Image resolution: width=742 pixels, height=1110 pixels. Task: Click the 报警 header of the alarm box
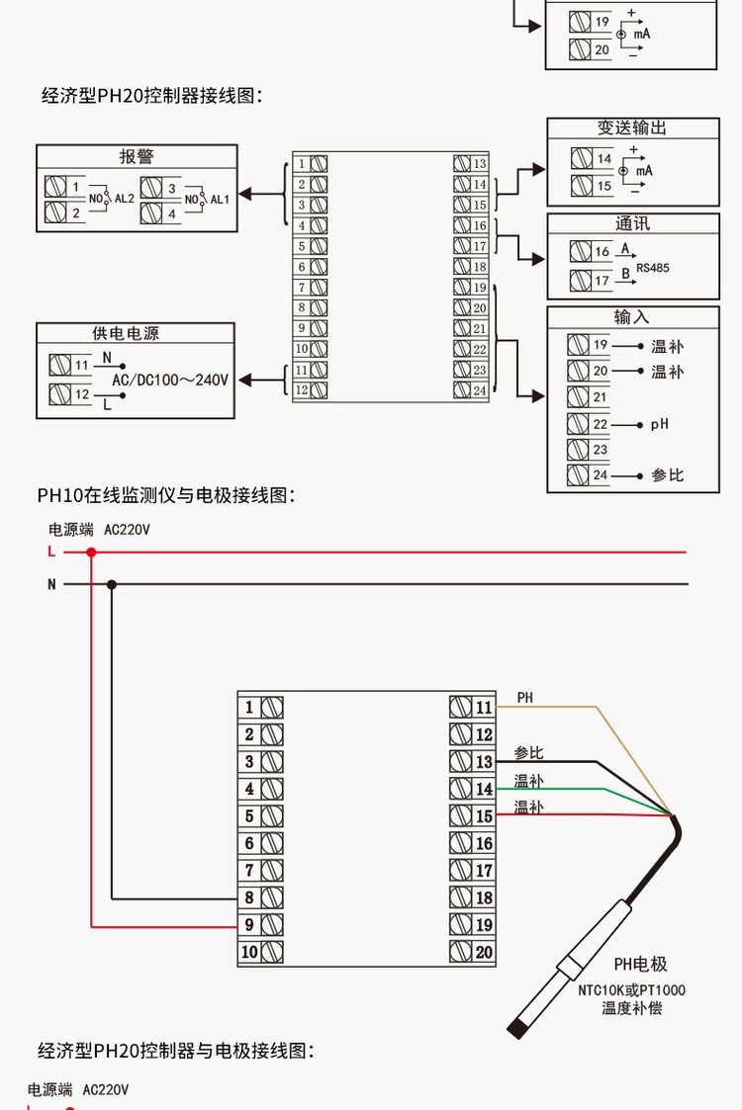tap(137, 156)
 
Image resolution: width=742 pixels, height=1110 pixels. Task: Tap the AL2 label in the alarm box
tap(125, 199)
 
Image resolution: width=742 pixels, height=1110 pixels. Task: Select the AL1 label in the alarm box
tap(220, 199)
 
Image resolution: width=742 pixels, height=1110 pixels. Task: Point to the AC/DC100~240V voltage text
tap(170, 380)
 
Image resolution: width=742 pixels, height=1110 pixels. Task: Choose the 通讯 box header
tap(632, 224)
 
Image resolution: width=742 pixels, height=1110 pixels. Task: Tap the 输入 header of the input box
tap(632, 317)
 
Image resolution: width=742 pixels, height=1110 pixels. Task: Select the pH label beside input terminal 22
tap(660, 424)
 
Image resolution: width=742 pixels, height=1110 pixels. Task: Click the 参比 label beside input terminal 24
tap(667, 475)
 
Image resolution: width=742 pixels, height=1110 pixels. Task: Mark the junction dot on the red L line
tap(91, 552)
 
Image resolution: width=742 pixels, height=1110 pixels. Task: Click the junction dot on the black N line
tap(112, 584)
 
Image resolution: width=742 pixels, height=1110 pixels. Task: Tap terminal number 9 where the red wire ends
tap(249, 925)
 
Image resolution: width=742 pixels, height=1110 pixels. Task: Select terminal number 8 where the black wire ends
tap(249, 897)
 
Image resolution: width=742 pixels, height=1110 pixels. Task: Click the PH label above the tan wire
tap(524, 698)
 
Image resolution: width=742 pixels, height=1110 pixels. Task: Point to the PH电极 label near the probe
tap(640, 965)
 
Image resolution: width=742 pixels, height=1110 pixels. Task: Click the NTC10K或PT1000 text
tap(631, 989)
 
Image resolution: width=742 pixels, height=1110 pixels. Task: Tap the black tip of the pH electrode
tap(516, 1030)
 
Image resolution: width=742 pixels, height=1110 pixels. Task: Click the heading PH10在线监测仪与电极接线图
tap(166, 494)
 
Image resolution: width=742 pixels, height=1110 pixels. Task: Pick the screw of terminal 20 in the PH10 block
tap(460, 952)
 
